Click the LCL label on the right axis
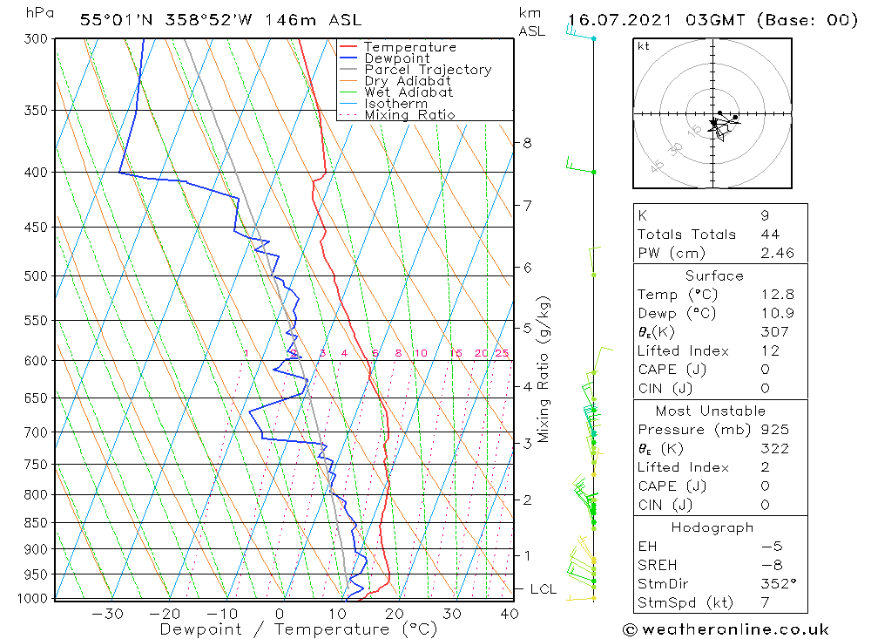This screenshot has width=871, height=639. tap(543, 589)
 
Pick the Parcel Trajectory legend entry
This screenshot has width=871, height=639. tap(428, 70)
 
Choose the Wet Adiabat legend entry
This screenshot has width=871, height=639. tap(408, 92)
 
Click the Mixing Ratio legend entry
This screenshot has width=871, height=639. tap(409, 115)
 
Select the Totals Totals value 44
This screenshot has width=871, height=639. tap(770, 235)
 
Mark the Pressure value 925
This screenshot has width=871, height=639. tap(773, 430)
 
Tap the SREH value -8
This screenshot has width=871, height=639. tap(769, 566)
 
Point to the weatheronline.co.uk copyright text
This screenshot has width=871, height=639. tap(726, 629)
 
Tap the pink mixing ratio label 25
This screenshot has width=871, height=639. tap(502, 353)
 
